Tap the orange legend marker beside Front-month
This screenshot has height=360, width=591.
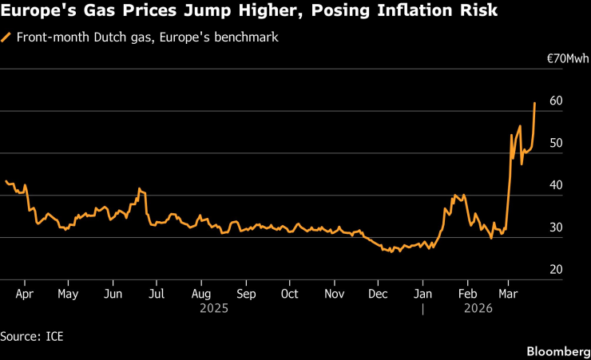click(7, 38)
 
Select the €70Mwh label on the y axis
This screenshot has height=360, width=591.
click(567, 58)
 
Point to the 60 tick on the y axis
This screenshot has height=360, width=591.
click(556, 101)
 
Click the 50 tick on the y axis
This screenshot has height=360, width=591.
click(556, 143)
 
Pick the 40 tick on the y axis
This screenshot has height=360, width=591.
click(556, 185)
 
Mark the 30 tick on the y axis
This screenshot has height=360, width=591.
click(556, 227)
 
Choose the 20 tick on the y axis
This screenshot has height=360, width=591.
click(556, 270)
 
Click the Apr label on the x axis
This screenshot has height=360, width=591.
click(25, 293)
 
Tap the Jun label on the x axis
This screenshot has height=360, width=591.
click(113, 293)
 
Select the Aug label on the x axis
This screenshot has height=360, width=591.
click(201, 293)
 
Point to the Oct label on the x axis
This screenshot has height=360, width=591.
click(289, 293)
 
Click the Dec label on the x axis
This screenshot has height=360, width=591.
click(378, 293)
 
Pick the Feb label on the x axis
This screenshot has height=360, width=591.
click(467, 293)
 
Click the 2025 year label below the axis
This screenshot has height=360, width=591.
click(216, 307)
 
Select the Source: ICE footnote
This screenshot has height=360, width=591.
click(32, 336)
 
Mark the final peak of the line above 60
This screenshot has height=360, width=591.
click(534, 103)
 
